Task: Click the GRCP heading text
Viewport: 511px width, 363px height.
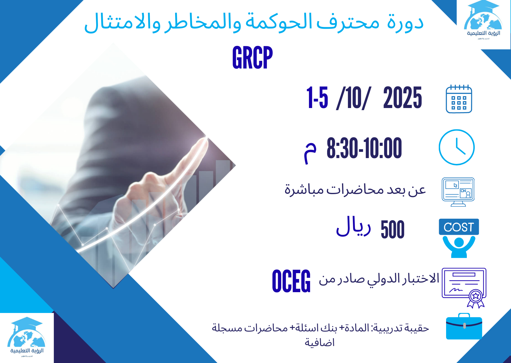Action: tap(252, 58)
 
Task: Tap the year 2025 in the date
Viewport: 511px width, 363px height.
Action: tap(402, 98)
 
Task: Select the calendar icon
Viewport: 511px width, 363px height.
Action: tap(459, 99)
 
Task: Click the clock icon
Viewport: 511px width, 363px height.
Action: tap(456, 147)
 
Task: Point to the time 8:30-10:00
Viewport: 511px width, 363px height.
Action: tap(364, 148)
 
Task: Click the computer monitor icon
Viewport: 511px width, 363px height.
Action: tap(458, 191)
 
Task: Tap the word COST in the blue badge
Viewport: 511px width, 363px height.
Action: tap(459, 227)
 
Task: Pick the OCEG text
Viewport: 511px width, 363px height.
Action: tap(291, 281)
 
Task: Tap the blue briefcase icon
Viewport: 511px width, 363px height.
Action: tap(464, 327)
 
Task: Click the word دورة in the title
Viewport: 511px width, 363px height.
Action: tap(405, 23)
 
